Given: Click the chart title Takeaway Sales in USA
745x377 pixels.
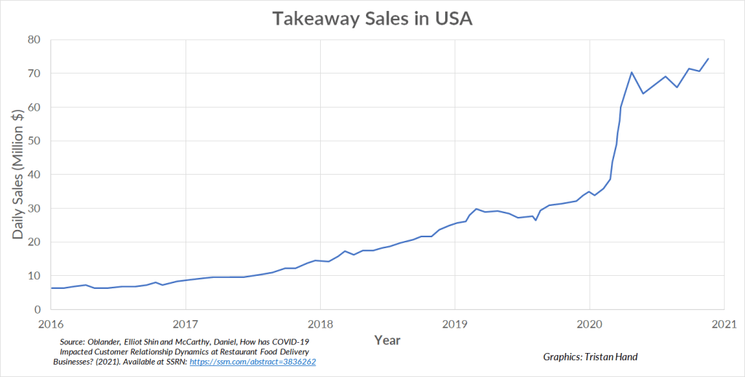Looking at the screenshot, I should click(x=372, y=19).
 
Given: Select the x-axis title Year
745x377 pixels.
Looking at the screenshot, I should click(x=387, y=340).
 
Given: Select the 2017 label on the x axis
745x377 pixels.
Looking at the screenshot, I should click(x=186, y=323).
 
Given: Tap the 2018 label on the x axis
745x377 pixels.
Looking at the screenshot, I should click(x=320, y=323).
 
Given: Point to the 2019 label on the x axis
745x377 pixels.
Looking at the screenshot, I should click(x=455, y=323).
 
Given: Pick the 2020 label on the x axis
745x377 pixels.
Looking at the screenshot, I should click(x=589, y=323).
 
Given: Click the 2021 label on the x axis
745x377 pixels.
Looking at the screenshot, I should click(x=722, y=323).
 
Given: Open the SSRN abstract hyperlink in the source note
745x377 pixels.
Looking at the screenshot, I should click(x=252, y=362).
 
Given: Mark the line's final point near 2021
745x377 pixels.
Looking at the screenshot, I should click(x=708, y=59).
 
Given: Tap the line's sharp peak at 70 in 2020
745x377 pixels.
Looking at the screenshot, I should click(x=632, y=72).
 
